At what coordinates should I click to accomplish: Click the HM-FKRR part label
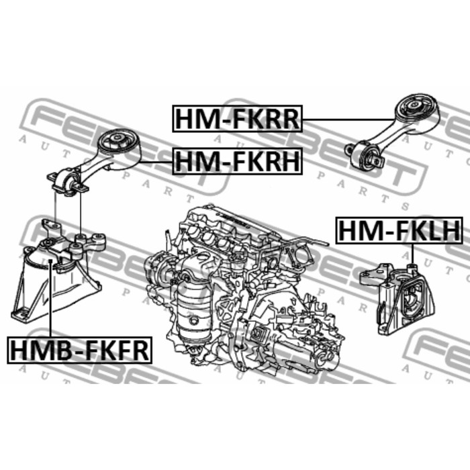[x=238, y=119]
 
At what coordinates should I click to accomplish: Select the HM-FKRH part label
[x=238, y=161]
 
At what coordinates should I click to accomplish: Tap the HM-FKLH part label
[x=399, y=230]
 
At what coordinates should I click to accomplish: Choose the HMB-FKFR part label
[x=80, y=350]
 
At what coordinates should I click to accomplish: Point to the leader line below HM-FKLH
[x=412, y=254]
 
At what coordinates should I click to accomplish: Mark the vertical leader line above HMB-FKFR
[x=50, y=299]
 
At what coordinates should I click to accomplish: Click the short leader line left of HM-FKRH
[x=156, y=162]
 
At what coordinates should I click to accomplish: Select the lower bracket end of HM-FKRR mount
[x=365, y=156]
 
